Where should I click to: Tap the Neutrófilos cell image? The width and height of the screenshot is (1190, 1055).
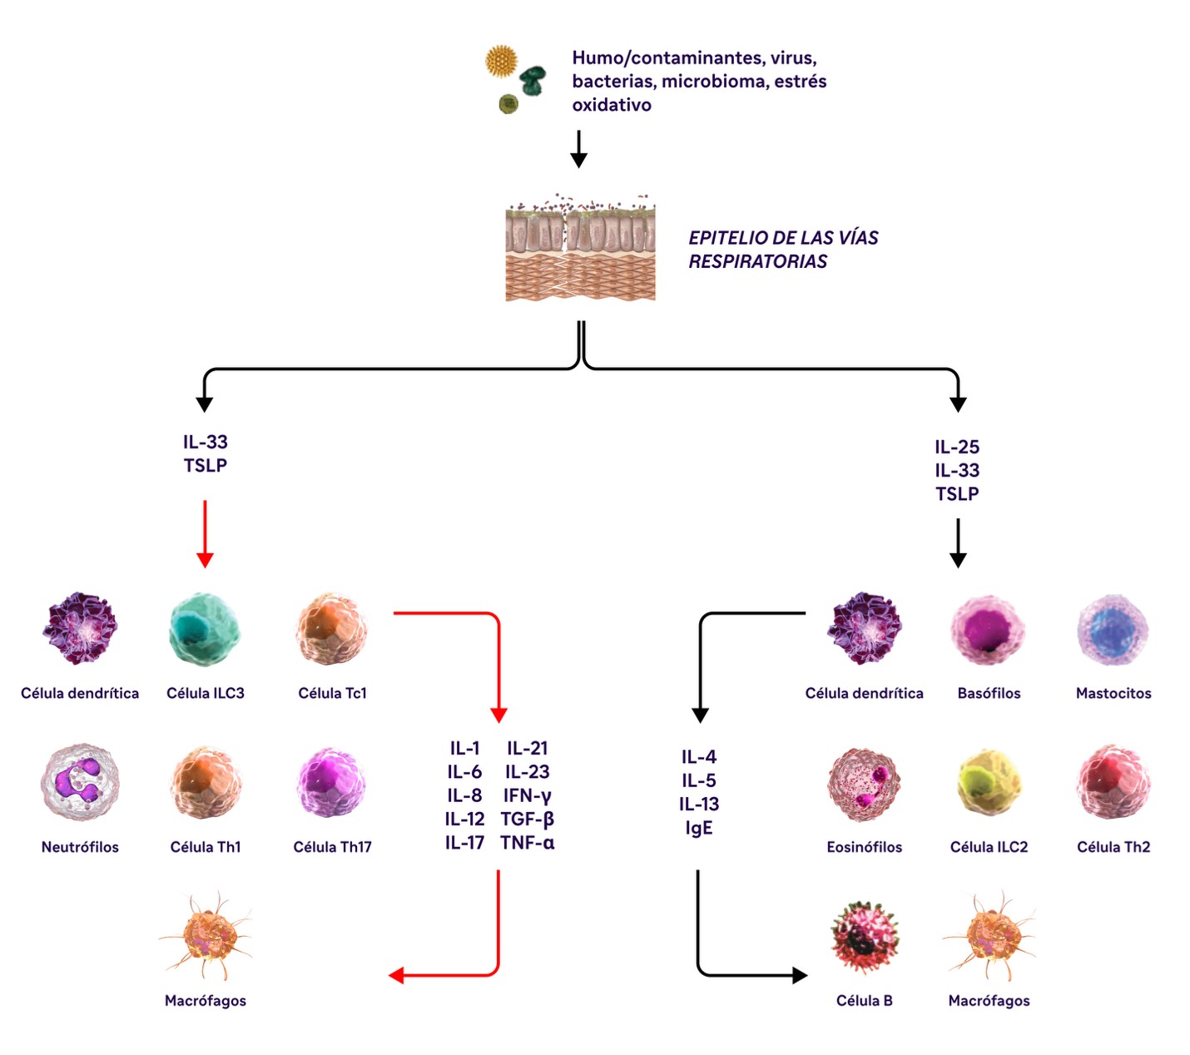(80, 782)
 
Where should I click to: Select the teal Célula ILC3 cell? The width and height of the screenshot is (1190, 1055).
(205, 629)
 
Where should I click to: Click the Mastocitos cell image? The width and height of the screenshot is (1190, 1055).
(1113, 630)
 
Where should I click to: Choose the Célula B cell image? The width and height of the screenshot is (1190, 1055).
(864, 938)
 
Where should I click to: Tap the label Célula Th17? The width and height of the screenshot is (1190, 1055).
(332, 847)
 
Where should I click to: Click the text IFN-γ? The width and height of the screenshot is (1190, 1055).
(528, 795)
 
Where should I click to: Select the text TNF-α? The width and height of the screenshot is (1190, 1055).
(528, 843)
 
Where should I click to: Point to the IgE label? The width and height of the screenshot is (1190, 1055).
(699, 828)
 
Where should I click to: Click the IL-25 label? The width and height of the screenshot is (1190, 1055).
(957, 447)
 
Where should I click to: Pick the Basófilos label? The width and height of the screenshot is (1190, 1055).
(989, 693)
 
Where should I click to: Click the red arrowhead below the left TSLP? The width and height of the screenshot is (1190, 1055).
(205, 560)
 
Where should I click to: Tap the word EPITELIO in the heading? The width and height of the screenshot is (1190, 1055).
(721, 238)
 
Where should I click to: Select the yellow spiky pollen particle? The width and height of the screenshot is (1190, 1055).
(502, 62)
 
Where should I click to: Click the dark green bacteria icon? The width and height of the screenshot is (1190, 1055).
(533, 80)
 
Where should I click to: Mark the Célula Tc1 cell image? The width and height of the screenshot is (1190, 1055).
(331, 629)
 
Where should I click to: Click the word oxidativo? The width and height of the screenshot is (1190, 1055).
(612, 105)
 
